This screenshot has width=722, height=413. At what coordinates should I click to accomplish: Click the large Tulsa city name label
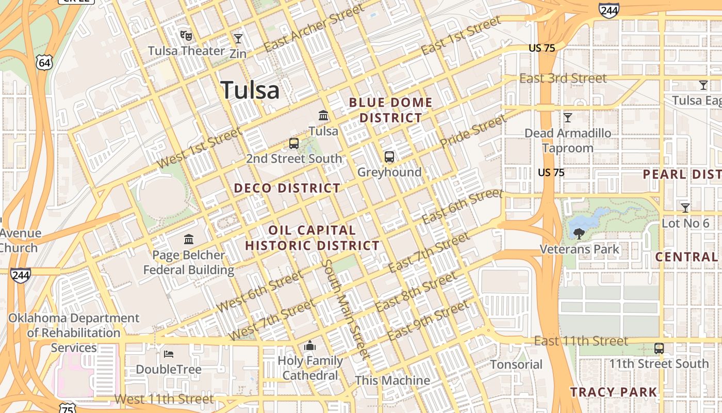250,90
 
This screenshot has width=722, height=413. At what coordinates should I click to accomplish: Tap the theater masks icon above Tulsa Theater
186,36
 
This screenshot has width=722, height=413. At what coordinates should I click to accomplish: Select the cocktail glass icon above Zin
238,39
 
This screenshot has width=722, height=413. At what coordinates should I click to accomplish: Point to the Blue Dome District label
390,110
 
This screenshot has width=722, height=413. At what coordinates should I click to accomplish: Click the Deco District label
287,188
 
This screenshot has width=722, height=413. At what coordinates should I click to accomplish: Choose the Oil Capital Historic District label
312,238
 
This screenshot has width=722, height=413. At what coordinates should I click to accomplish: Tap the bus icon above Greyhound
389,157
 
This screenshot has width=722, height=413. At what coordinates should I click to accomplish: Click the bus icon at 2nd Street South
294,144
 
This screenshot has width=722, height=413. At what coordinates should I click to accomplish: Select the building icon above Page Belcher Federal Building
189,240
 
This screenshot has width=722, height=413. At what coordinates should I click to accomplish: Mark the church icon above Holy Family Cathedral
310,345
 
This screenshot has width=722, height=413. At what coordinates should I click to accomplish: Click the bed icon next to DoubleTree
169,354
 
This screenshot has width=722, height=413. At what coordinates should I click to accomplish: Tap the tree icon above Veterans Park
579,234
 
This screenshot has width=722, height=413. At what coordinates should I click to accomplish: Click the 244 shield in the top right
609,10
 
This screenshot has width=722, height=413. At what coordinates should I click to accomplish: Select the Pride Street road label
473,131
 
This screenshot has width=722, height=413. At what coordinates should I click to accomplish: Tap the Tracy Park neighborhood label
614,392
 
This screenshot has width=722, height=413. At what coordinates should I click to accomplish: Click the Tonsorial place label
516,364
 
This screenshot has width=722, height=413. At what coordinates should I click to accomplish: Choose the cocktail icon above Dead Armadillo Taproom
568,118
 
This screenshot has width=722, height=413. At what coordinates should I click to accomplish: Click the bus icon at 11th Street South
659,348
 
